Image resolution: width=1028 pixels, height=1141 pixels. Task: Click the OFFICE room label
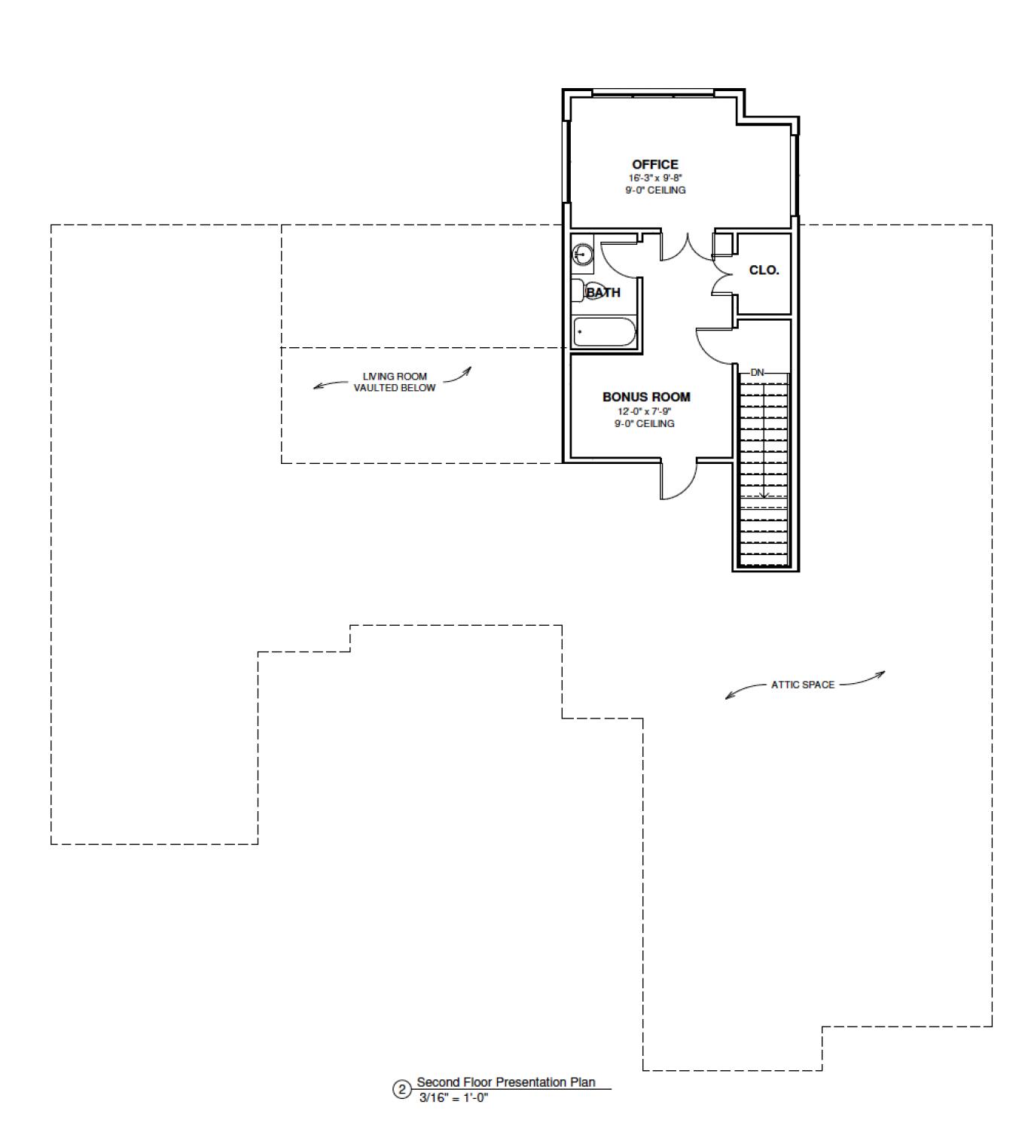click(654, 164)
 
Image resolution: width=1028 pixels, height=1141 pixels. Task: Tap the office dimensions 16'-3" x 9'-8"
click(655, 178)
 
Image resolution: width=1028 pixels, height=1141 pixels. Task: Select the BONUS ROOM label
click(645, 397)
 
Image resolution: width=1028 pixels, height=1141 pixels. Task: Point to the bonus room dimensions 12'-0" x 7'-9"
click(645, 411)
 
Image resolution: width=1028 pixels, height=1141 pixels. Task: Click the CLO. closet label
click(764, 270)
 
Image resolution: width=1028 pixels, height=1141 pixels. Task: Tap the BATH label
click(604, 292)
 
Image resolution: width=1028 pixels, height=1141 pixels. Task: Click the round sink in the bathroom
click(582, 255)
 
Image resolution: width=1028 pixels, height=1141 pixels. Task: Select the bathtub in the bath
click(605, 332)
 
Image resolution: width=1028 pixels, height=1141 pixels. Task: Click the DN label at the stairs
click(757, 372)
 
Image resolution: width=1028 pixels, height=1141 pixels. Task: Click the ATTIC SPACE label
click(802, 685)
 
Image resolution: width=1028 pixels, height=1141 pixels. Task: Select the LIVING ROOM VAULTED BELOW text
click(395, 382)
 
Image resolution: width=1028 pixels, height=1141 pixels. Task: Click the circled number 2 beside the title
click(401, 1090)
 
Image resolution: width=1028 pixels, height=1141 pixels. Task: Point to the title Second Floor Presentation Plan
click(505, 1082)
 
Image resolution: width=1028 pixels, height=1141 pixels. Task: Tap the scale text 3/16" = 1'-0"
click(453, 1098)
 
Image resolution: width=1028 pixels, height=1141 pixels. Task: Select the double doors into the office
click(687, 247)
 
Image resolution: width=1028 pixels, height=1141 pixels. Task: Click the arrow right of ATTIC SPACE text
click(863, 679)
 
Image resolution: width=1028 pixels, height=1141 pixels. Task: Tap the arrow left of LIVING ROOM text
click(328, 385)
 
